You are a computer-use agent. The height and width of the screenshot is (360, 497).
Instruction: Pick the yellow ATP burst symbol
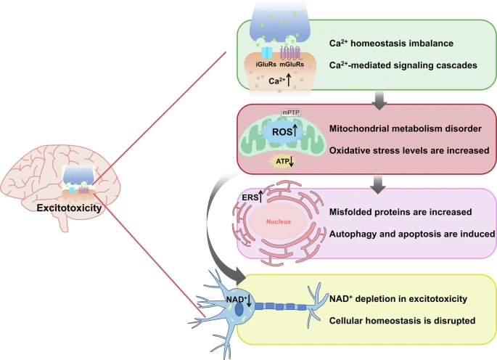(x=281, y=162)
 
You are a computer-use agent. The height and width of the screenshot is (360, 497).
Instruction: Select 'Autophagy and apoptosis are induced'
(x=409, y=234)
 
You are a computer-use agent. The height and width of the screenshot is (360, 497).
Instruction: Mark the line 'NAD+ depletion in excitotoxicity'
(x=398, y=298)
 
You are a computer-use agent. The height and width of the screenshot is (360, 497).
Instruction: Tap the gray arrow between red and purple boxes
(x=378, y=184)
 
